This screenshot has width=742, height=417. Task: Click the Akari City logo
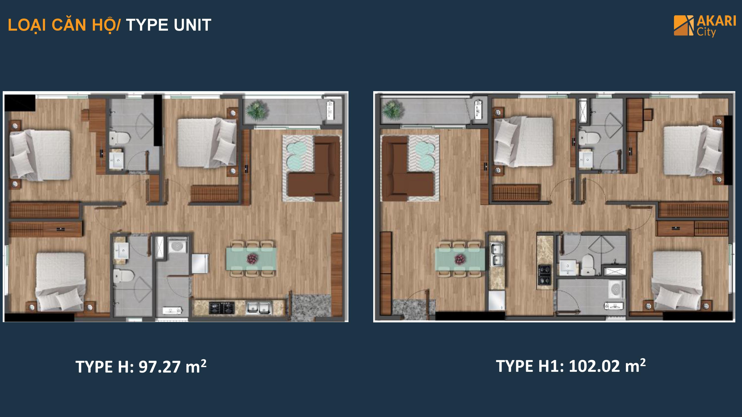[x=705, y=26]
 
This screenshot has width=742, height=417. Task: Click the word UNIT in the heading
[x=192, y=25]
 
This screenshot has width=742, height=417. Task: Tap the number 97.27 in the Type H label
[x=160, y=367]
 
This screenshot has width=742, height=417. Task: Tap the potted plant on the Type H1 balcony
[x=393, y=109]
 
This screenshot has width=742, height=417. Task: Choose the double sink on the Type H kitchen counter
[x=259, y=307]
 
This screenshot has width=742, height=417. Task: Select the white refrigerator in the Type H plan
[x=200, y=263]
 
